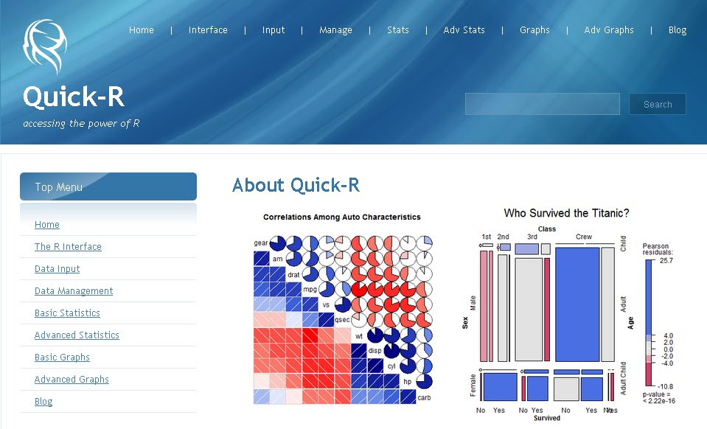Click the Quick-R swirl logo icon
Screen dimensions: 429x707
coord(45,46)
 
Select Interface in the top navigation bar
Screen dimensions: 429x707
coord(208,30)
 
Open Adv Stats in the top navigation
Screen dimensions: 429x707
coord(464,30)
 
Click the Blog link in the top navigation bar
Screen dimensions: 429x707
coord(677,30)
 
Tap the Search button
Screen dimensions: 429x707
coord(657,105)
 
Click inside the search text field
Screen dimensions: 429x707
coord(542,105)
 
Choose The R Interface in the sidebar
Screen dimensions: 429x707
coord(68,247)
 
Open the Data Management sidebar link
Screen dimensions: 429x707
coord(74,291)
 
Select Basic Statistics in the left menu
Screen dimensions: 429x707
coord(67,313)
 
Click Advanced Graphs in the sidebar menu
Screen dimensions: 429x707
coord(72,380)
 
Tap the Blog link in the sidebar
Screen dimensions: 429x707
coord(43,402)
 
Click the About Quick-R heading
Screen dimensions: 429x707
coord(296,185)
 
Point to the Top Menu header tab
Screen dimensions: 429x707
coord(108,187)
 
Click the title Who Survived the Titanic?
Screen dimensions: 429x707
coord(566,213)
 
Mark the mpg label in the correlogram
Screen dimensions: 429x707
coord(310,289)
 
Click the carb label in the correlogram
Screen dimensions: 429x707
coord(424,397)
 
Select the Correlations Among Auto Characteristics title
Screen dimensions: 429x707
coord(341,217)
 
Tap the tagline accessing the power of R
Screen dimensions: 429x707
coord(81,124)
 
